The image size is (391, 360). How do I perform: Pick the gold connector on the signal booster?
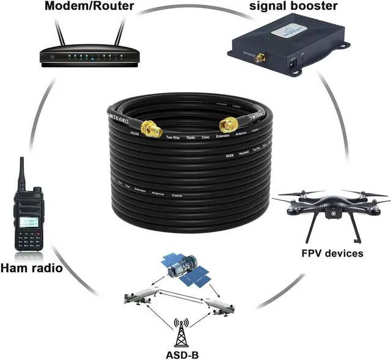pyautogui.click(x=260, y=59)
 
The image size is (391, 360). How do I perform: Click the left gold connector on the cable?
pyautogui.click(x=150, y=128)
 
